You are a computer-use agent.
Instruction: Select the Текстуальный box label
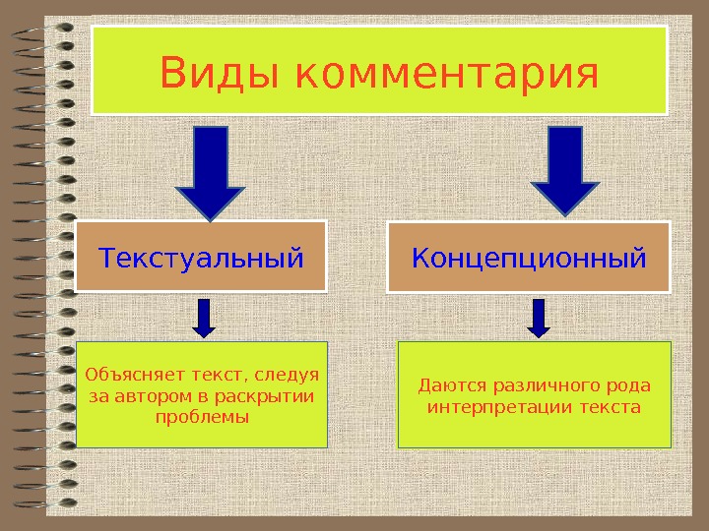pyautogui.click(x=201, y=259)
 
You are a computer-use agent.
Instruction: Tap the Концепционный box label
pyautogui.click(x=529, y=259)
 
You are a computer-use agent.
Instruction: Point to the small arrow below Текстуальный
pyautogui.click(x=203, y=317)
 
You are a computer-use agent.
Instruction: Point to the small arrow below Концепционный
pyautogui.click(x=539, y=317)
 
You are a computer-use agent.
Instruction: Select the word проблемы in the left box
pyautogui.click(x=203, y=417)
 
